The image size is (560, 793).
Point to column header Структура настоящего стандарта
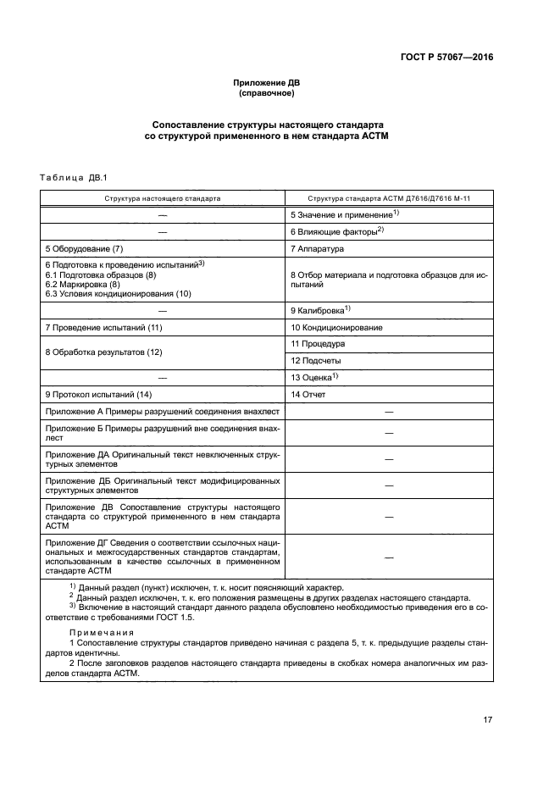(163, 197)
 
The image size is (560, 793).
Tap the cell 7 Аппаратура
(317, 249)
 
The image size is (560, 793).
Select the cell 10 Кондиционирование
(336, 327)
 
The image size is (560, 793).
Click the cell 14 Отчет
(308, 395)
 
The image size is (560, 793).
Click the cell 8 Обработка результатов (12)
(103, 352)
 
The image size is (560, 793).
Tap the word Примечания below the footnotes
(103, 632)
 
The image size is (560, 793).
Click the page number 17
(487, 720)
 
